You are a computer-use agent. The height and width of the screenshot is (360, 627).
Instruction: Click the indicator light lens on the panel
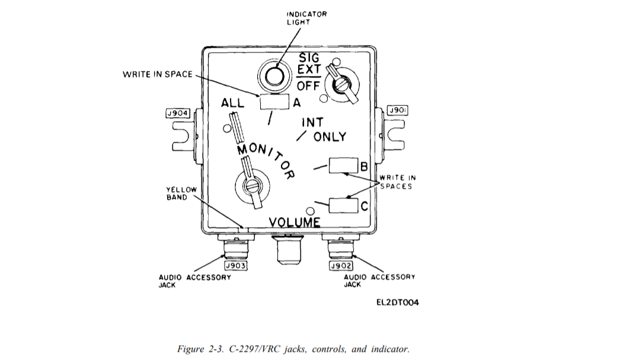click(274, 77)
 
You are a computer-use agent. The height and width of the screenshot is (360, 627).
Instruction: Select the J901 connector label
click(396, 110)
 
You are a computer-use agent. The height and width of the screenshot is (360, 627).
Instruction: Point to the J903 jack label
click(235, 266)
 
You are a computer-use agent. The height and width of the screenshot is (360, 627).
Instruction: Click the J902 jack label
click(340, 266)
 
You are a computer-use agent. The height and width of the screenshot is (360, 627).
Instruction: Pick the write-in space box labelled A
click(274, 102)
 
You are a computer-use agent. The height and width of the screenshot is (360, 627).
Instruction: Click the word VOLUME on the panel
click(295, 222)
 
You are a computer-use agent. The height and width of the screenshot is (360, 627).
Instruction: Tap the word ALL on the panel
click(233, 103)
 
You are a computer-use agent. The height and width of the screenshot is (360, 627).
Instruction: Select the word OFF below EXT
click(309, 86)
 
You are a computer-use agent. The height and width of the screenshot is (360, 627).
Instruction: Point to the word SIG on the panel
click(309, 58)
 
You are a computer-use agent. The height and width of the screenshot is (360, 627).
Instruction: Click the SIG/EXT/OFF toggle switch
click(342, 85)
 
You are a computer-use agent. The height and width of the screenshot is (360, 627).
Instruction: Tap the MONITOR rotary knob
click(251, 187)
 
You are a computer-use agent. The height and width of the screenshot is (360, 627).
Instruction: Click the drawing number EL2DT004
click(398, 302)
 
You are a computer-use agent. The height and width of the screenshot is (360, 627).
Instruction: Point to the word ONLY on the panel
click(330, 136)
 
